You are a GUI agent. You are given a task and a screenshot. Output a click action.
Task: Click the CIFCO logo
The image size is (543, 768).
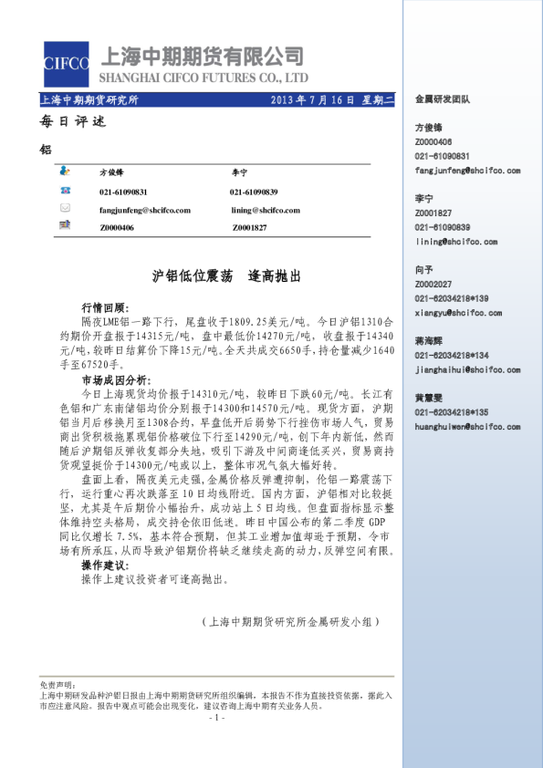[66, 63]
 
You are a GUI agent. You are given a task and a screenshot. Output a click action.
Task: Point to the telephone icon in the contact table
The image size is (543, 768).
[65, 191]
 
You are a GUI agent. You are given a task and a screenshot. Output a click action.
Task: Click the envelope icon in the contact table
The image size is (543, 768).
[65, 208]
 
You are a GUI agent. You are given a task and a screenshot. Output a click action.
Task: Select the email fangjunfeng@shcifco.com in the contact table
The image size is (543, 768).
[144, 210]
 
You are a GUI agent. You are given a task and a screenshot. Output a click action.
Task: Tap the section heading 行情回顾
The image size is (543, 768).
[105, 309]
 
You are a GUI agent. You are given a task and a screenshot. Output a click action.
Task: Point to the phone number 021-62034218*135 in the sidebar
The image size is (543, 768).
[451, 412]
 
